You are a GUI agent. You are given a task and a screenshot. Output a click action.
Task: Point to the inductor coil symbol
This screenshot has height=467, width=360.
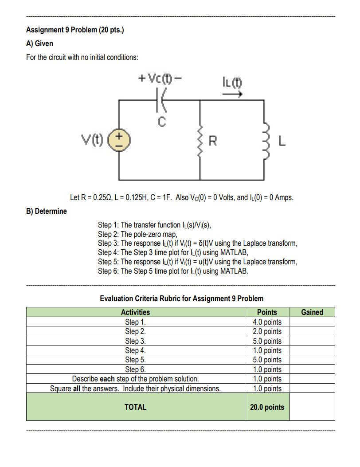[x=266, y=141]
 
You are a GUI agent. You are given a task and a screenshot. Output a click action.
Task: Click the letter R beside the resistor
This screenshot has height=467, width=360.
[x=213, y=141]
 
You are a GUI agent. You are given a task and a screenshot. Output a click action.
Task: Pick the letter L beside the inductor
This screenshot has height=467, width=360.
[x=282, y=142]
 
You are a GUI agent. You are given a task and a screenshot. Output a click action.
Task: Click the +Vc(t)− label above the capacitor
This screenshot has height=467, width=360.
[x=160, y=79]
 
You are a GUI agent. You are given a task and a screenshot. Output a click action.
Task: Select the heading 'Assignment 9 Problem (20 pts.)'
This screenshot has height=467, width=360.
[x=75, y=30]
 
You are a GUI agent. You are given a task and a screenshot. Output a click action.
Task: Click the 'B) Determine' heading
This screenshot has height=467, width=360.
[x=46, y=211]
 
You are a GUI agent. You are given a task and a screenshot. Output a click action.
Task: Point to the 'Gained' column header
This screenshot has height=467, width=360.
[x=312, y=312]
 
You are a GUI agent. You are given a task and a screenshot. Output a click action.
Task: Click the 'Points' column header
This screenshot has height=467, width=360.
[x=267, y=312]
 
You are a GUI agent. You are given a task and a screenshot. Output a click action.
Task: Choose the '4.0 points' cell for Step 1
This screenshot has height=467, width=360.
[x=267, y=322]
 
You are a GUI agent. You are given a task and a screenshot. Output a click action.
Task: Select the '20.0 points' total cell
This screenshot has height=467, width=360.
[x=267, y=407]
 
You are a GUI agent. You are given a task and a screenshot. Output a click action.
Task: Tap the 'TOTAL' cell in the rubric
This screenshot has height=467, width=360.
[x=135, y=407]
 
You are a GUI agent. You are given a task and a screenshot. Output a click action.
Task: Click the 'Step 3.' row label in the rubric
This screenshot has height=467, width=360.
[x=135, y=341]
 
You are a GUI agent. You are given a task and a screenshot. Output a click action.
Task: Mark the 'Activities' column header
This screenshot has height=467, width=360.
[x=135, y=312]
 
